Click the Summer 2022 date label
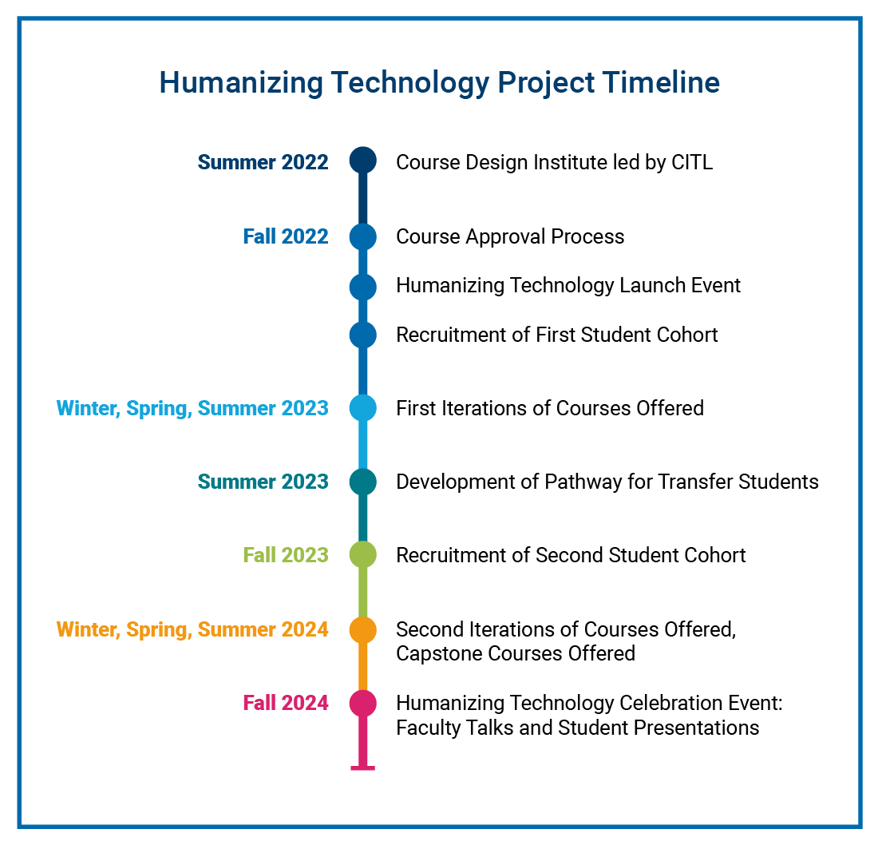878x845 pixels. pyautogui.click(x=263, y=162)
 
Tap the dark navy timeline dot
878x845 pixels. pyautogui.click(x=363, y=161)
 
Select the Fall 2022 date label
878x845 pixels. pyautogui.click(x=286, y=237)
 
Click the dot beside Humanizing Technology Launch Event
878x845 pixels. pyautogui.click(x=363, y=287)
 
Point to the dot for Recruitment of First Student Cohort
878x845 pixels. pyautogui.click(x=363, y=335)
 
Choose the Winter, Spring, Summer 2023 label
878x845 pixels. pyautogui.click(x=192, y=409)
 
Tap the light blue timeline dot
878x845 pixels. pyautogui.click(x=363, y=408)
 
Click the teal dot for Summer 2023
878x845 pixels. pyautogui.click(x=363, y=482)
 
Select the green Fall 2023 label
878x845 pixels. pyautogui.click(x=286, y=555)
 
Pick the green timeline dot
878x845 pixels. pyautogui.click(x=363, y=555)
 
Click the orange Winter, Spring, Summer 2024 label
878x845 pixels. pyautogui.click(x=192, y=630)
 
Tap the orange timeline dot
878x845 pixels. pyautogui.click(x=363, y=630)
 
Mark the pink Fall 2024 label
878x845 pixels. pyautogui.click(x=286, y=703)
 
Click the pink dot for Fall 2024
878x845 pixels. pyautogui.click(x=363, y=703)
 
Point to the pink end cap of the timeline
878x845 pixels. pyautogui.click(x=363, y=768)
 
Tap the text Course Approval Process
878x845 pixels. pyautogui.click(x=510, y=237)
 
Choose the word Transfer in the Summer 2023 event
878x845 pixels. pyautogui.click(x=695, y=482)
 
